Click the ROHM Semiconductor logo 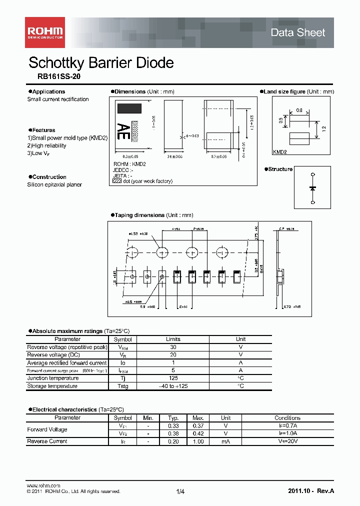[44, 32]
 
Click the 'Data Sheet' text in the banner [297, 33]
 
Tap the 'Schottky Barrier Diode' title [101, 63]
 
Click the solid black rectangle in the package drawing [129, 108]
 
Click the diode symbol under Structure [312, 188]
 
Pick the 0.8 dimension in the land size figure [299, 110]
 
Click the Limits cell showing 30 [173, 347]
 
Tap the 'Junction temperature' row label [53, 378]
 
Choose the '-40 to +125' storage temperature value [173, 386]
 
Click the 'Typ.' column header [173, 418]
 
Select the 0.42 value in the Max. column [198, 433]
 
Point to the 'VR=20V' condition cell [287, 441]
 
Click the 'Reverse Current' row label [47, 441]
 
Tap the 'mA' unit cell [226, 441]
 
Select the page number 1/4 [180, 492]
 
